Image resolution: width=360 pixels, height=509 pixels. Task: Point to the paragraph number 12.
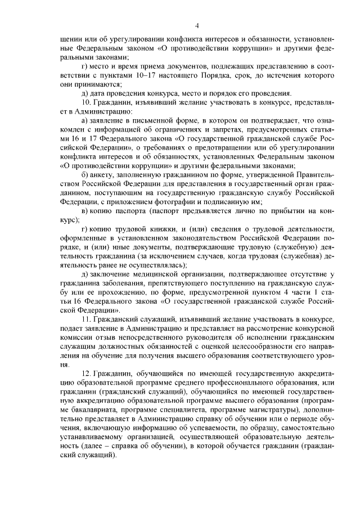point(87,373)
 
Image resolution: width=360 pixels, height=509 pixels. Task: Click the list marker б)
point(85,174)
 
